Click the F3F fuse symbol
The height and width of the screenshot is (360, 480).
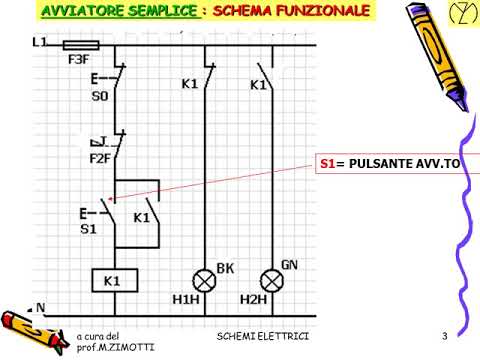[x=80, y=44]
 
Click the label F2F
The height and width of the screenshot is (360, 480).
[x=100, y=157]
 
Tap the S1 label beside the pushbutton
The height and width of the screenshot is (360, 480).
[x=90, y=229]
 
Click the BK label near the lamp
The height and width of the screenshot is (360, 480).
[x=225, y=268]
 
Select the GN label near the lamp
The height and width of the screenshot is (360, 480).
[x=289, y=265]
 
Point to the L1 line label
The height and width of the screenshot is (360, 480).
[x=40, y=43]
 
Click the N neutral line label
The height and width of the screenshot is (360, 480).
[x=40, y=307]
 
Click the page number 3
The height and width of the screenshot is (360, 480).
[x=443, y=332]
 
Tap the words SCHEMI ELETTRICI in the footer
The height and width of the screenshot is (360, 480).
[x=263, y=332]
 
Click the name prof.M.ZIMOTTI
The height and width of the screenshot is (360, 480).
[x=111, y=346]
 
